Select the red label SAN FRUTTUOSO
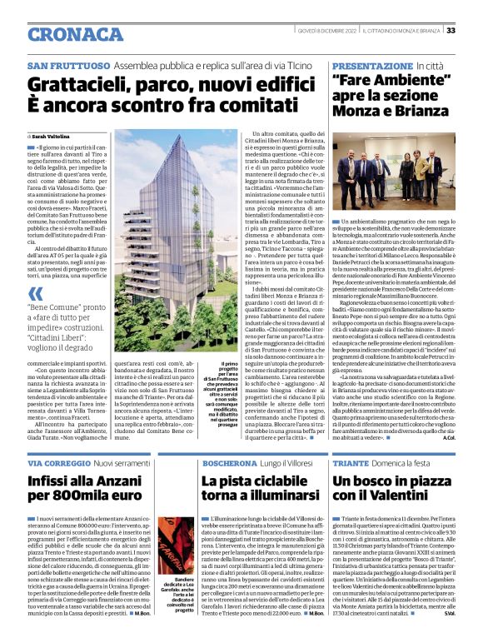click(68, 64)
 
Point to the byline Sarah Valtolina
click(54, 135)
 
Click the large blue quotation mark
click(35, 293)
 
